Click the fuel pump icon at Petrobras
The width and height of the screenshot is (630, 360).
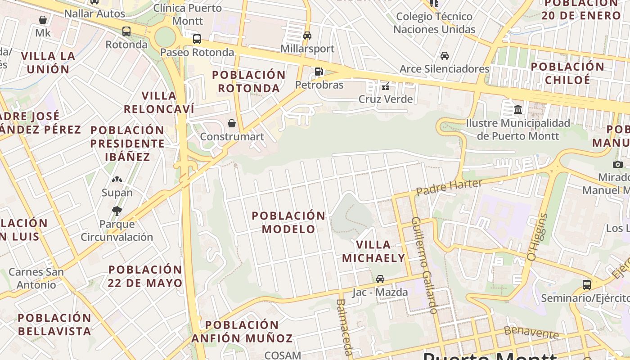pos(319,71)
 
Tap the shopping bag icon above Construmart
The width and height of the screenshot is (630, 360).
pos(232,123)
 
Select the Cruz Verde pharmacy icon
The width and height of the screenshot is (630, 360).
pos(385,86)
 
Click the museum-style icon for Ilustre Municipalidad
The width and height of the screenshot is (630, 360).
pos(517,109)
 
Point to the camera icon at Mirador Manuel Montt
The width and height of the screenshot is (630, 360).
pos(617,164)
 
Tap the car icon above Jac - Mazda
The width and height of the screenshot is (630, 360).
pos(380,279)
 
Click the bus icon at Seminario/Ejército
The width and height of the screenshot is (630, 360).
pos(586,284)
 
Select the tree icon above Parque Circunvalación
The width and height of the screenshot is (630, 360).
pos(117,211)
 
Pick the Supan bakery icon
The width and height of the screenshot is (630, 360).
pos(117,180)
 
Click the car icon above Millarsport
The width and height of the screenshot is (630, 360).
pos(307,35)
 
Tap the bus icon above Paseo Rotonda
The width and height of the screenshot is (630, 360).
pos(197,39)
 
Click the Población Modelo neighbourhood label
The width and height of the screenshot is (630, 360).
pos(288,222)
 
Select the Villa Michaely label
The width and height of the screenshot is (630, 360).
pos(373,252)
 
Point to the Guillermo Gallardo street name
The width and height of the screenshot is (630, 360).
pos(423,265)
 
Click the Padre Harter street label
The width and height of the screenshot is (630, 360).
pos(449,187)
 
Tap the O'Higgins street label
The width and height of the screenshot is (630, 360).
pos(537,237)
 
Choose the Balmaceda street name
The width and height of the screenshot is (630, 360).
pos(344,327)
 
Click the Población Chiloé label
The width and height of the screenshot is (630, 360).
pos(567,73)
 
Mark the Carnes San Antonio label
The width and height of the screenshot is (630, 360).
pos(36,279)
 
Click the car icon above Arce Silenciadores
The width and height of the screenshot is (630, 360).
pos(444,56)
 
